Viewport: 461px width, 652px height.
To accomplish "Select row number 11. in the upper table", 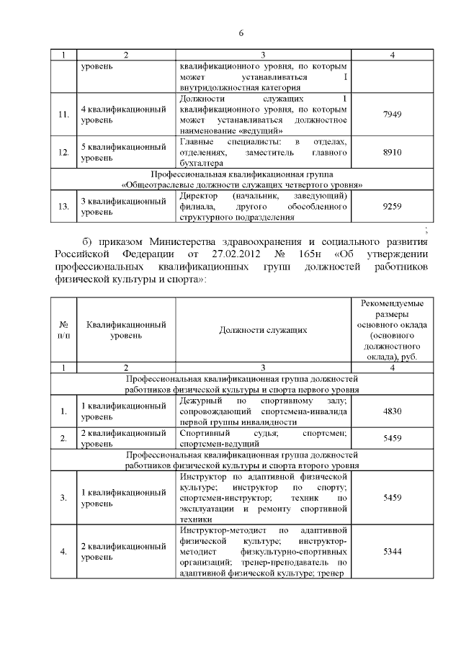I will click(64, 114).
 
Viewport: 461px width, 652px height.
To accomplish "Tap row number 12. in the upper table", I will click(64, 153).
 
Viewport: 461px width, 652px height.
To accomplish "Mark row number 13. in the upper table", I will click(64, 206).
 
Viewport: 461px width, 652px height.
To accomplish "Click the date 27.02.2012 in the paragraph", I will click(235, 254).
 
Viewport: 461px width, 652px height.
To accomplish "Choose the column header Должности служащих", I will click(263, 329).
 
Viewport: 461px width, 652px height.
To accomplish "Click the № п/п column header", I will click(64, 329).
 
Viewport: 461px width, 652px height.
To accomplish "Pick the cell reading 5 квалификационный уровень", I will click(123, 153).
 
